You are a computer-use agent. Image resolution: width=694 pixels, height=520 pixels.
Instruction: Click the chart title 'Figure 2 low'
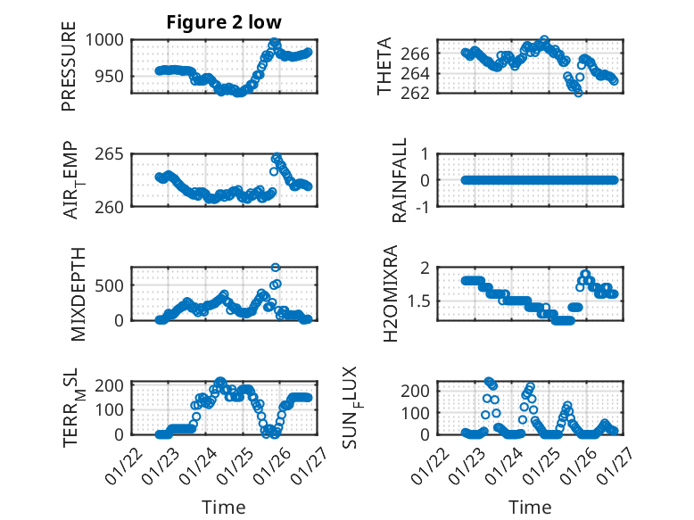point(223,22)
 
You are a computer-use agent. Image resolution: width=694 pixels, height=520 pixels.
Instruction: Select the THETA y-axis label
point(384,67)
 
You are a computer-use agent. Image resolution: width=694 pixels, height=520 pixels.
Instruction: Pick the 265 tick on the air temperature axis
point(112,154)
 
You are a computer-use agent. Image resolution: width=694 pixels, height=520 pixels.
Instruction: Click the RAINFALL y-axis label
point(401,180)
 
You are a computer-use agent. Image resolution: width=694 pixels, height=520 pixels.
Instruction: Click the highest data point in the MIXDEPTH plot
point(276,267)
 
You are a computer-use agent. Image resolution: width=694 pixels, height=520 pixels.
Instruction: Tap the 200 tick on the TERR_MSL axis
point(112,386)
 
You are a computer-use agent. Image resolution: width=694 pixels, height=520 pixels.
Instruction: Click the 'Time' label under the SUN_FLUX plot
point(530,507)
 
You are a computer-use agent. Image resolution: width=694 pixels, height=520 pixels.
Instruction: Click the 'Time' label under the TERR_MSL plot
point(223,507)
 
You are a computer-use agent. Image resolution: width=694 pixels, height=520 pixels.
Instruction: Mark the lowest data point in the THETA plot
point(578,92)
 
